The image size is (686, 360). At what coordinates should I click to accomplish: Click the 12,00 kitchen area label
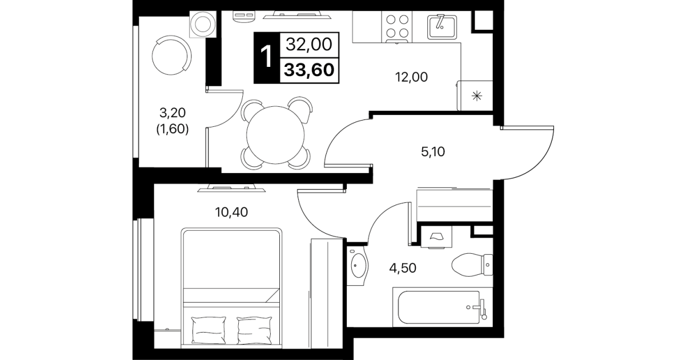(411, 77)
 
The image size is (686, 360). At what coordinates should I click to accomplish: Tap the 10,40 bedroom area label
(231, 212)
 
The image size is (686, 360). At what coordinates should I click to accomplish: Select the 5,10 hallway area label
(433, 151)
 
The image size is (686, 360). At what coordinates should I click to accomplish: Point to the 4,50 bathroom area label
(403, 268)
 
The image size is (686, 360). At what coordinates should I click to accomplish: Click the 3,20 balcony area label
(172, 113)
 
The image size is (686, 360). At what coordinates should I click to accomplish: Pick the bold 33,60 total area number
(309, 70)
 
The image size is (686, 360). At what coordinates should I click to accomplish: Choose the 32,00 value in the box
(308, 45)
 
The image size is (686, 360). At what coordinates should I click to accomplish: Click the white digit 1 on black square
(267, 57)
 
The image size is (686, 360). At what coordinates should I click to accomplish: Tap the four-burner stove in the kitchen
(397, 27)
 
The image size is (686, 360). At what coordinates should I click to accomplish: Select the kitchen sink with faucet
(442, 27)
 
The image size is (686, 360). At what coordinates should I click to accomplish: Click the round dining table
(275, 135)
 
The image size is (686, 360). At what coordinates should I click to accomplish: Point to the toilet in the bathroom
(472, 265)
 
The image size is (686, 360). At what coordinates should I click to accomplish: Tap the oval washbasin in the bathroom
(358, 265)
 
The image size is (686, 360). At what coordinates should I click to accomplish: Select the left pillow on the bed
(208, 330)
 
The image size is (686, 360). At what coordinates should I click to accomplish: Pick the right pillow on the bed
(255, 330)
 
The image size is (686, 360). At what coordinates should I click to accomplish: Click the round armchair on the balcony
(171, 55)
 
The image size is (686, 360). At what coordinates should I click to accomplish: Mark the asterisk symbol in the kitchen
(477, 96)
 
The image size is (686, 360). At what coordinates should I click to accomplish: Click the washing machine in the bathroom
(436, 237)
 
